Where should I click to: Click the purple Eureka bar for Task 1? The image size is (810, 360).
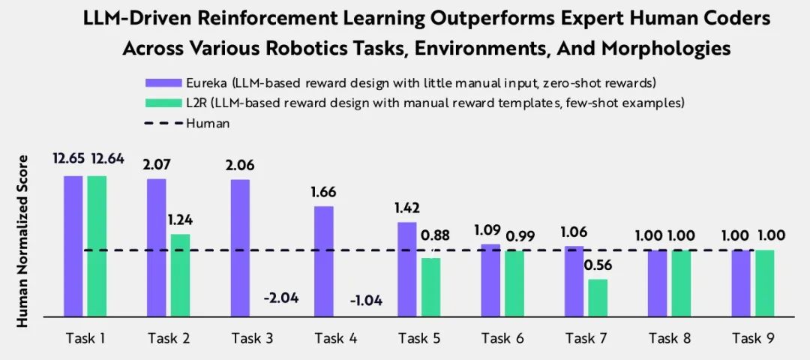pos(73,245)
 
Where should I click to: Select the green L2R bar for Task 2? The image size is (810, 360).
pos(179,274)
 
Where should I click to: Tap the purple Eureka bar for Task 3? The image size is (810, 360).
pos(240,247)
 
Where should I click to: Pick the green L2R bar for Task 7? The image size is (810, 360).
pos(597,297)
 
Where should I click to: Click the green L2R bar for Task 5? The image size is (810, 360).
pos(430,286)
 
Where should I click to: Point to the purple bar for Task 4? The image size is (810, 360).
pos(323,261)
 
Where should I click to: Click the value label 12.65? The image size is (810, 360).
pos(68,159)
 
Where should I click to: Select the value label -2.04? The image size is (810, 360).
pos(281,298)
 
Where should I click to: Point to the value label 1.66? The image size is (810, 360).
pos(322,191)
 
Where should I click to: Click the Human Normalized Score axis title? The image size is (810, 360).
pos(22,241)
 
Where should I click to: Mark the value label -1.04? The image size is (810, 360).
pos(365,301)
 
